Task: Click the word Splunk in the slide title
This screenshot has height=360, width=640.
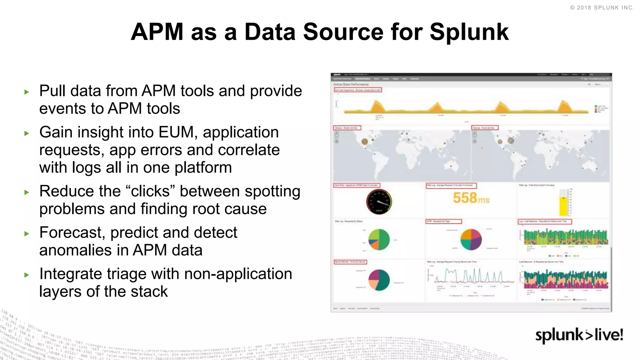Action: coord(469,32)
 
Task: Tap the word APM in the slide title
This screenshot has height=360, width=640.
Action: coord(157,32)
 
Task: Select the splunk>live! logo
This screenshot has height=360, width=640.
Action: coord(579,335)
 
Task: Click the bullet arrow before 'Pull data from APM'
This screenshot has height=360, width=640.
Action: coord(27,92)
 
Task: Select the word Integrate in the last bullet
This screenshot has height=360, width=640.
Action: coord(71,274)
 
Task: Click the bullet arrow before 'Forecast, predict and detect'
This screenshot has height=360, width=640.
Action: coord(27,233)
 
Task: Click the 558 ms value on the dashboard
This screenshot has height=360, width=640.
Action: coord(471,198)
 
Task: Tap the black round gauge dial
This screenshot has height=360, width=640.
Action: coord(379,202)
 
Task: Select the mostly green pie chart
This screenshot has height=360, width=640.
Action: coord(379,240)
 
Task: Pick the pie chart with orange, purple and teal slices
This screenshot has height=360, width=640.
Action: coord(471,240)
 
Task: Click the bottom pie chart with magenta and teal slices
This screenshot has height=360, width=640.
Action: coord(379,280)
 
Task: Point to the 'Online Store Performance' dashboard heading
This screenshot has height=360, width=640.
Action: coord(351,84)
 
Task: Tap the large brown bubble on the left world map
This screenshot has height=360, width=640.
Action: coord(364,142)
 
